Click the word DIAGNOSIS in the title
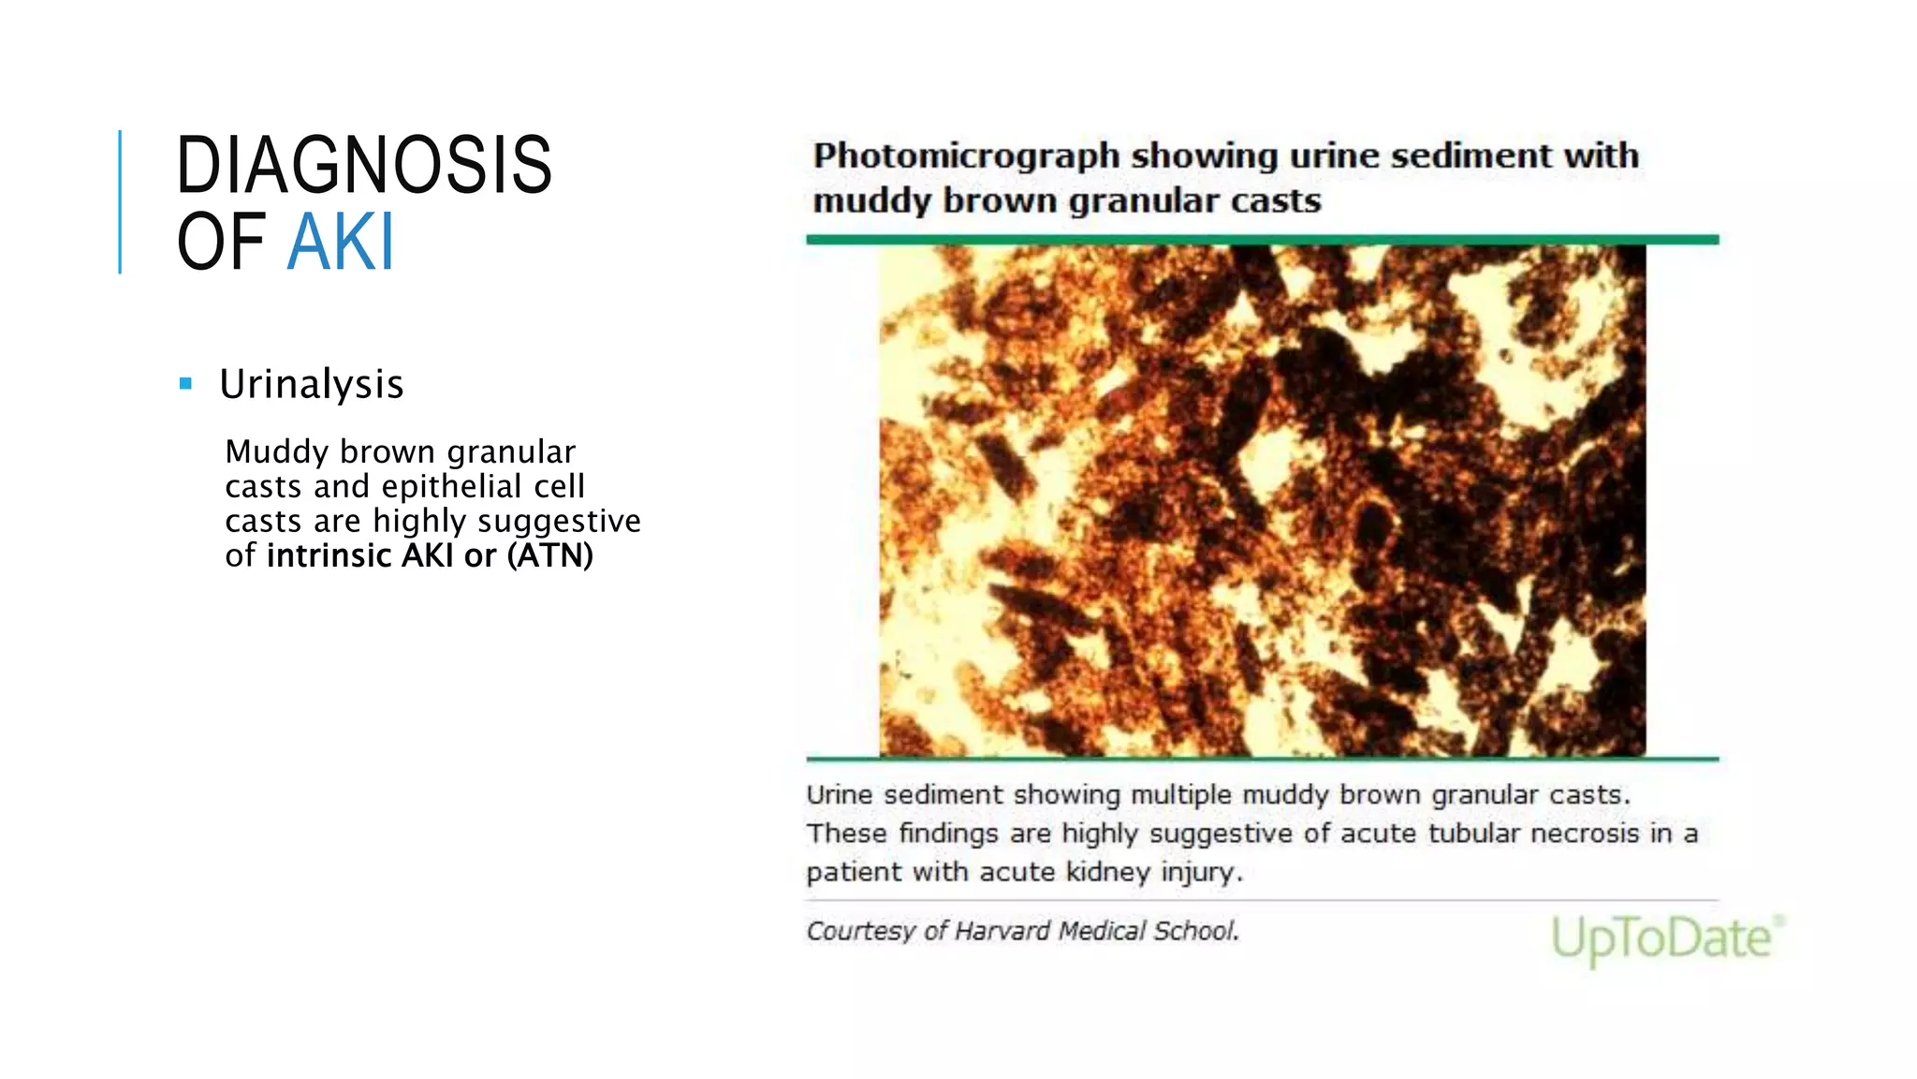[x=364, y=166]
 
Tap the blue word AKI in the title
[x=341, y=243]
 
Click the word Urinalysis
[x=311, y=384]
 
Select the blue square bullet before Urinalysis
[x=185, y=383]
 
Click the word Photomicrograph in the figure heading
[x=966, y=155]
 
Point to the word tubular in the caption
[x=1473, y=833]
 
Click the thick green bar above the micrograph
[x=1262, y=240]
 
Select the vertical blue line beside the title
[x=120, y=201]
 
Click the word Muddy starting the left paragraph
[x=276, y=451]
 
